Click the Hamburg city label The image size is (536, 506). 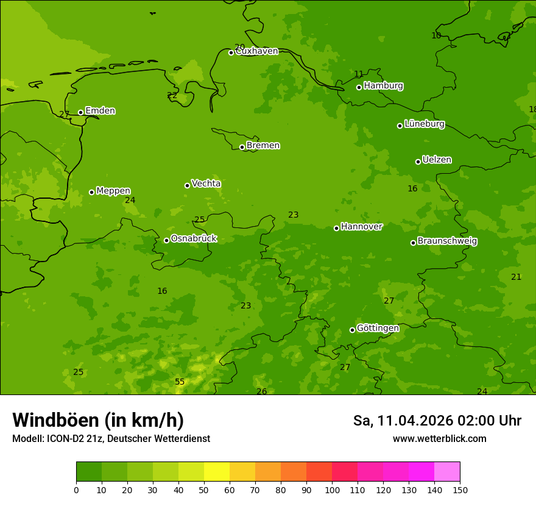(383, 86)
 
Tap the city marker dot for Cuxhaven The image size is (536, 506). (231, 52)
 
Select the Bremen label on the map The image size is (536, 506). (263, 146)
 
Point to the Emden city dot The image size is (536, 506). (80, 112)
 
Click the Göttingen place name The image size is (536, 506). (378, 329)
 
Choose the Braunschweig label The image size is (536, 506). (447, 241)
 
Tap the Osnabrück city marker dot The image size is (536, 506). (166, 240)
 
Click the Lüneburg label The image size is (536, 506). (424, 124)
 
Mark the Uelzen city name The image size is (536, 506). (437, 160)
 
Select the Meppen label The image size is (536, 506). (113, 191)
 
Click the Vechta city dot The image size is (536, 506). (187, 185)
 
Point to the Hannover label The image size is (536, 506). (361, 227)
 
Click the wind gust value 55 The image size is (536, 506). (180, 382)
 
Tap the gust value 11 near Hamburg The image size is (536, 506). (359, 74)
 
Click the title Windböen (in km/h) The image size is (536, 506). (98, 420)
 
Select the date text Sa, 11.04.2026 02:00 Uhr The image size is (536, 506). (437, 421)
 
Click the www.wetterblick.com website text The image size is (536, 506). (439, 439)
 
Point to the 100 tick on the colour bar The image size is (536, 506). (332, 490)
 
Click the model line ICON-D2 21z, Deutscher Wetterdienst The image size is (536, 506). (111, 439)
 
